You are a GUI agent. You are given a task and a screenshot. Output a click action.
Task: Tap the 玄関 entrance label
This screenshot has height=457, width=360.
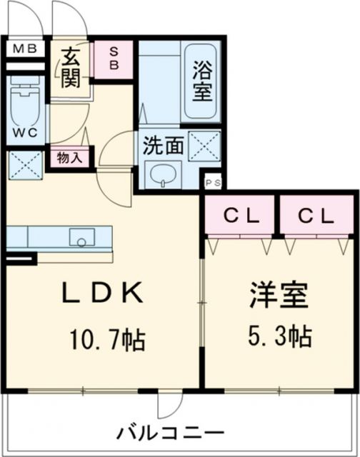(69, 68)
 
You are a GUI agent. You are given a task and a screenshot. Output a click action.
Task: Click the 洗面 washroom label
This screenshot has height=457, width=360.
(163, 146)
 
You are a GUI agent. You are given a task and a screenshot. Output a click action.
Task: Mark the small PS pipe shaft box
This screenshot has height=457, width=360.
(212, 182)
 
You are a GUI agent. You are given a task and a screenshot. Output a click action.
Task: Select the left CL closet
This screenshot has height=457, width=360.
(239, 215)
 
